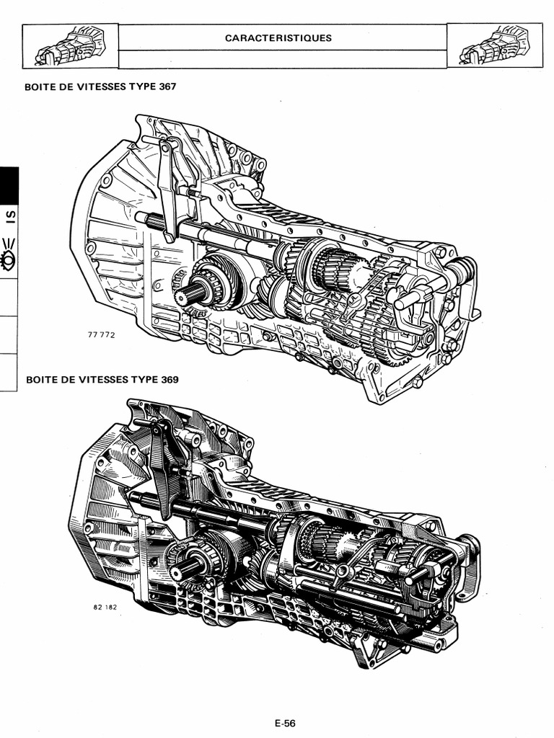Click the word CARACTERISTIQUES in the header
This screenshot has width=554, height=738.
click(278, 38)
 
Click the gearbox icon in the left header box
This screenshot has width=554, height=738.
click(69, 45)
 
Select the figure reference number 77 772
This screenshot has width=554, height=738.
click(101, 335)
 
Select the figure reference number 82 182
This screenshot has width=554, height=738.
click(105, 608)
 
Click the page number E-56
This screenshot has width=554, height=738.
click(285, 724)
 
